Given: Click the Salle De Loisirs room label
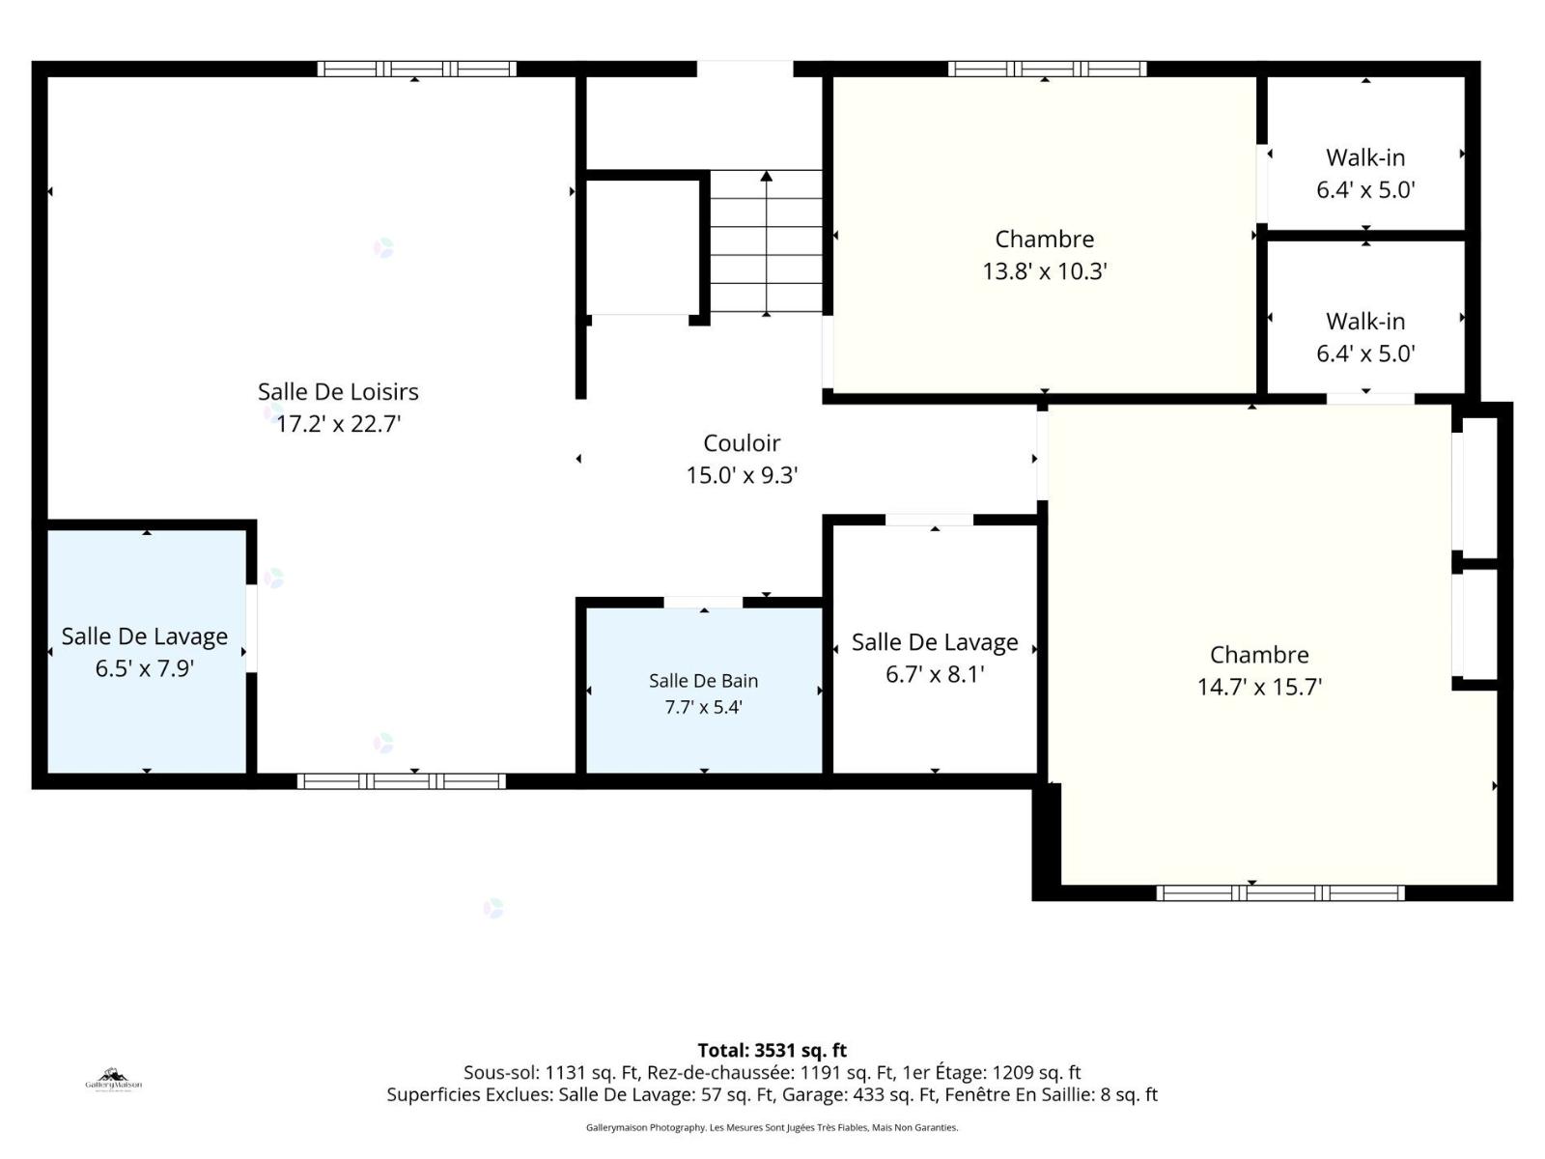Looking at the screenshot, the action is (338, 392).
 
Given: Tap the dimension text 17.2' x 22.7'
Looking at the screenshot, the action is (338, 424).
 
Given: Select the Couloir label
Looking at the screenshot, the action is (742, 443).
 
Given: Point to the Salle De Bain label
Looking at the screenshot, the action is (703, 681).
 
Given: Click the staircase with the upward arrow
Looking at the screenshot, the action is (766, 242).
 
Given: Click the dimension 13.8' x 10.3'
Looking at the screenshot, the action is (1045, 271).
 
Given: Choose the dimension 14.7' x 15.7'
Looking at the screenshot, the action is (1259, 687).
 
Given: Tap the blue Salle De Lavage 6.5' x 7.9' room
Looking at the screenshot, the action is (147, 652).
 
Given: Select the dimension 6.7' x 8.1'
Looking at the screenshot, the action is (935, 674).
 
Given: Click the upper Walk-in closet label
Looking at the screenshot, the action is (1365, 157).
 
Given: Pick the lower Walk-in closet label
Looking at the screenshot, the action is (1365, 322).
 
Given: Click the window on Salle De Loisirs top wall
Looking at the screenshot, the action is (417, 69).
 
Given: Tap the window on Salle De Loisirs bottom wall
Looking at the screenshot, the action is (401, 781).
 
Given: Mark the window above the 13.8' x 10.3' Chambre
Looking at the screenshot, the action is (1048, 69).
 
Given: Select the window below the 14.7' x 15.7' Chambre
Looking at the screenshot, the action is (1280, 893).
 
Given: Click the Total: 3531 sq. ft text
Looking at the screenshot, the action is (772, 1051).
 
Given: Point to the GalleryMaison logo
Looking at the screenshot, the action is (113, 1080).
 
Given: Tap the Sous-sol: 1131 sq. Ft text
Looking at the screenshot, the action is (550, 1073).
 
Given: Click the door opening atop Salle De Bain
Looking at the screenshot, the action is (703, 603).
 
